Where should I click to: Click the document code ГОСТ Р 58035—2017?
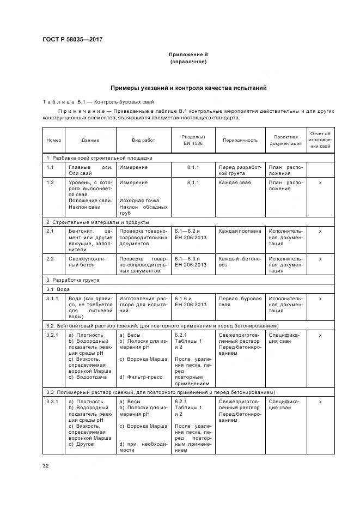(72, 39)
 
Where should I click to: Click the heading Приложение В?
(188, 54)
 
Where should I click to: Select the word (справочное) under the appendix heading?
(188, 62)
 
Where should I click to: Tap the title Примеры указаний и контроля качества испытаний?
(188, 88)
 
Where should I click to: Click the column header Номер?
(54, 140)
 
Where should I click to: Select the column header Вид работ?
(143, 140)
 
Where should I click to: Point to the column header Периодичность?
(240, 140)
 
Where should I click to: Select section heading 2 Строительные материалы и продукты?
(97, 222)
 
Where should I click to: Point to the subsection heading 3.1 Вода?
(58, 289)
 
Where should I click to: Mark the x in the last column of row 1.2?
(320, 183)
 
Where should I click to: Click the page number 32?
(46, 465)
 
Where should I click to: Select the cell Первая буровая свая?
(240, 302)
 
